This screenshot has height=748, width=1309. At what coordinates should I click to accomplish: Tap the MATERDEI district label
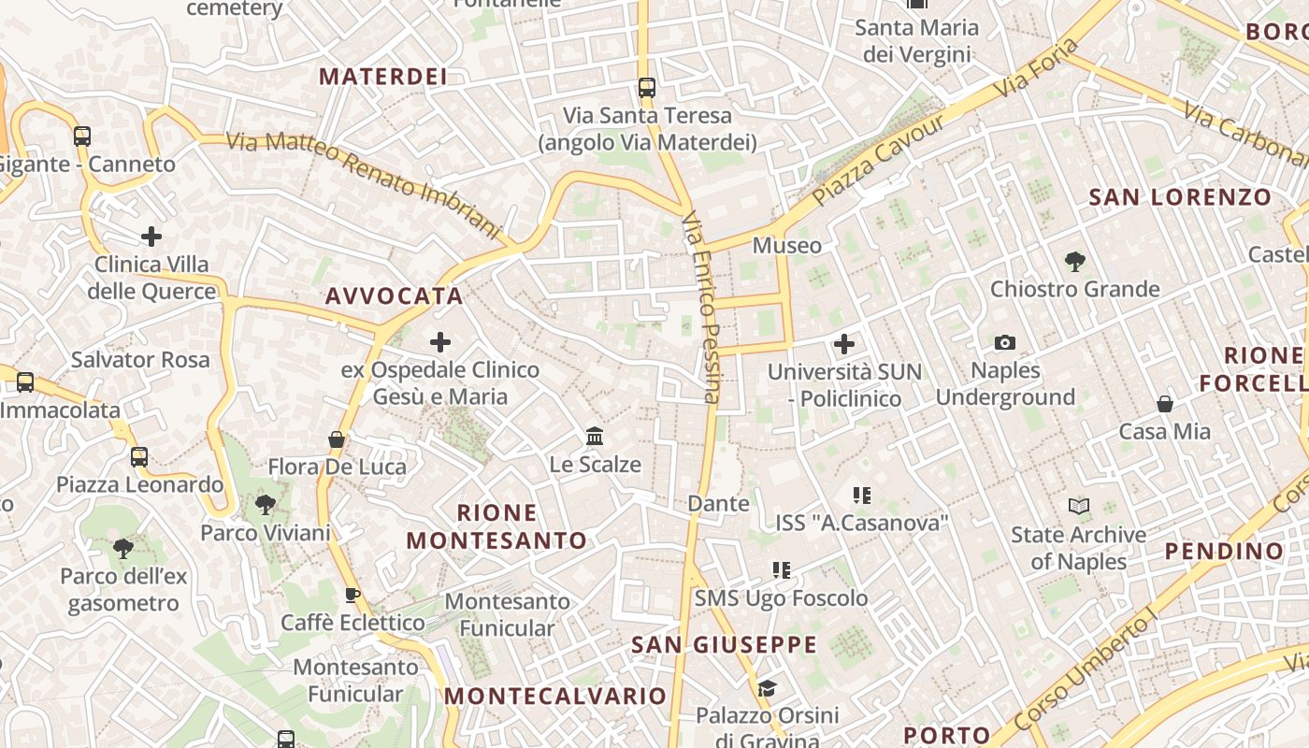point(383,77)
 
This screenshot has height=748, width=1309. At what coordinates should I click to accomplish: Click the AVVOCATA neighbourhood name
point(394,296)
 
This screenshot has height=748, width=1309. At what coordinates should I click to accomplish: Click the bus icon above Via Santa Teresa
point(646,88)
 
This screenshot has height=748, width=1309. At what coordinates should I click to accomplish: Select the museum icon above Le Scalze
point(595,436)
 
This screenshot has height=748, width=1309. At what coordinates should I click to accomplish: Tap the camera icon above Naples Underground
point(1005,342)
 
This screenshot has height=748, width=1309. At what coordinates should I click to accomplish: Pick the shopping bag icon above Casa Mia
point(1165,404)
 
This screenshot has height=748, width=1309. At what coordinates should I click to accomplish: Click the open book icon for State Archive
point(1079,507)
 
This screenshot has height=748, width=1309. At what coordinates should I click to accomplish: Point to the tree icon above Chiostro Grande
point(1075,262)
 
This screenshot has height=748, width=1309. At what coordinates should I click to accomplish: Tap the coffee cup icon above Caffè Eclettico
point(352,595)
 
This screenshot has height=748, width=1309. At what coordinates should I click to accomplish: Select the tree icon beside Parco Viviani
point(266,505)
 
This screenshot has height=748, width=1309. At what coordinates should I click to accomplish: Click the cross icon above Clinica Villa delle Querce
point(151,237)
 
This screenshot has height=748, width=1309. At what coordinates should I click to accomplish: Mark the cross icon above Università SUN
point(844,344)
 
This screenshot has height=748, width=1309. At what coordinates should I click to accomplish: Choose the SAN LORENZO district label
point(1180,197)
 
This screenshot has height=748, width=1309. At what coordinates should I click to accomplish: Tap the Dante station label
point(718,504)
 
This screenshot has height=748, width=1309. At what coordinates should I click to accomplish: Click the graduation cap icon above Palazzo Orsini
point(767,689)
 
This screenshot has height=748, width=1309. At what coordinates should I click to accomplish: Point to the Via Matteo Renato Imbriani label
point(365,183)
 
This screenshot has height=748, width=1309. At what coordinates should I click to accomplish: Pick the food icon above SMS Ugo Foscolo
point(782,569)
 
